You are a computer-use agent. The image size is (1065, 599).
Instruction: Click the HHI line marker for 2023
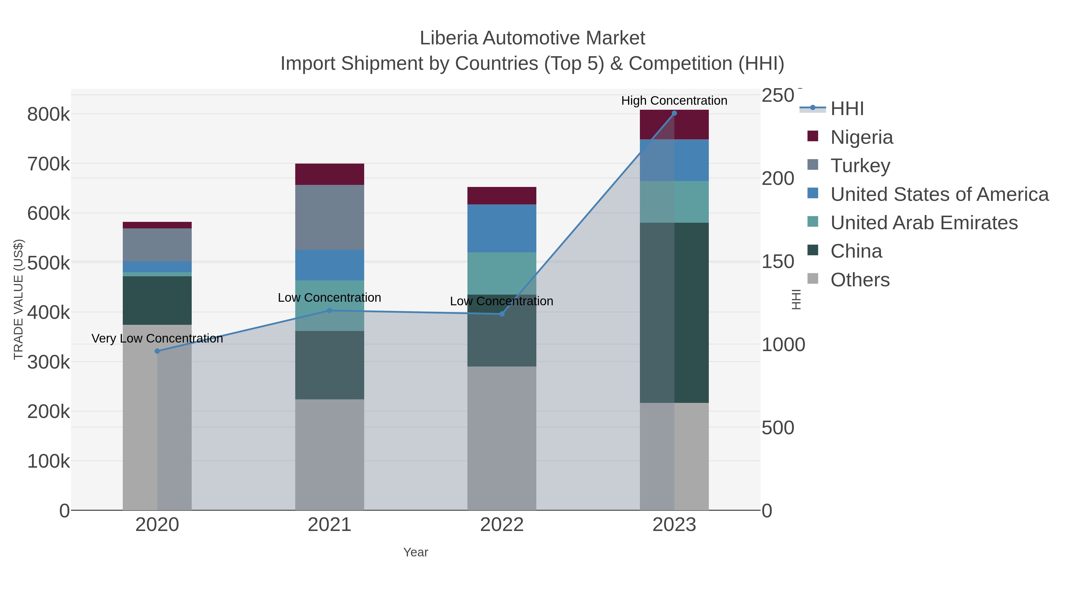[674, 113]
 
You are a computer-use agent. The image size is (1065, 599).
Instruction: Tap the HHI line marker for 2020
[157, 351]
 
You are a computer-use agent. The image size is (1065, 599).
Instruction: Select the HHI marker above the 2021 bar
[330, 311]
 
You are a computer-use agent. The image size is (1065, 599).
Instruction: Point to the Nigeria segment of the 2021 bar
[330, 174]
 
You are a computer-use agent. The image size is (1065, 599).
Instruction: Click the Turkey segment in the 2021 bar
[330, 217]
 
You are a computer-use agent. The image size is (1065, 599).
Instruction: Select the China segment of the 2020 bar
[157, 300]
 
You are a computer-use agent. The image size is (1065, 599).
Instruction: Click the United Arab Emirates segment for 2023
[674, 202]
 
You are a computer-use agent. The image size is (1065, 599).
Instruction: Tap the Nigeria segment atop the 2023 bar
[674, 125]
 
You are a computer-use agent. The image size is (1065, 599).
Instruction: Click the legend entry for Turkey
[860, 166]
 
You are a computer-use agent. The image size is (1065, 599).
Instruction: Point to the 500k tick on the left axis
[49, 263]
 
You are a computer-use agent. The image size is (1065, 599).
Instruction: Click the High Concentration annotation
[674, 101]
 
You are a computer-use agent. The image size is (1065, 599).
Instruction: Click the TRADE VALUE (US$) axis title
[18, 299]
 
